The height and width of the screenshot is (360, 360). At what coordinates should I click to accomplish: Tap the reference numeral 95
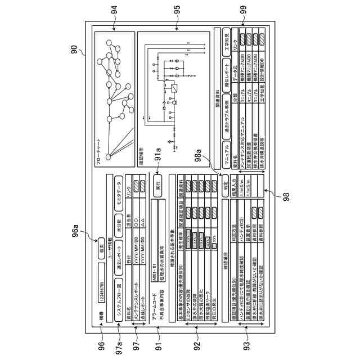coord(178,10)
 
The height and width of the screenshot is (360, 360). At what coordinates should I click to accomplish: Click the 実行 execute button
coord(159,185)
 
